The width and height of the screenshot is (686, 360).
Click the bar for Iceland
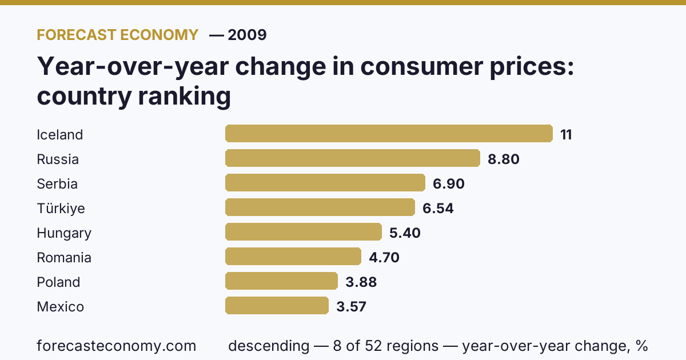coord(389,134)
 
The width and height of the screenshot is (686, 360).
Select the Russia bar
coord(353,158)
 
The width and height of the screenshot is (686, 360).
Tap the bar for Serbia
coord(325,182)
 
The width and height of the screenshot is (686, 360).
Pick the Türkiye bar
coord(320,207)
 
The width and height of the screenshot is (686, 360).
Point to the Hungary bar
coord(304,232)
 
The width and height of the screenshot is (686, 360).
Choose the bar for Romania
coord(293,256)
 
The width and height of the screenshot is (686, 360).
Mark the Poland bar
coord(281,281)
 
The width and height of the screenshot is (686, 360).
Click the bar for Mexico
coord(277,305)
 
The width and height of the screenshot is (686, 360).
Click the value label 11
coord(566,135)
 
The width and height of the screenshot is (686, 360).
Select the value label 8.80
coord(504,159)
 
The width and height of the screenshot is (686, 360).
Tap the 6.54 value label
coord(438,208)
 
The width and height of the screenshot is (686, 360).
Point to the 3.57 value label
coord(351,306)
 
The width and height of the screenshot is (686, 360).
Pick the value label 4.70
coord(384,258)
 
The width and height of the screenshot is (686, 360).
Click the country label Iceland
coord(59,135)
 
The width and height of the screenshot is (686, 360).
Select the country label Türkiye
coord(61,208)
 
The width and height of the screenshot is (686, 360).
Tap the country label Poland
coord(58,282)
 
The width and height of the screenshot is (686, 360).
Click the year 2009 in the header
coord(247,35)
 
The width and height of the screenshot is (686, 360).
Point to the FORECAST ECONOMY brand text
coord(118,35)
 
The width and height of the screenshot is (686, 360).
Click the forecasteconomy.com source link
coord(117,346)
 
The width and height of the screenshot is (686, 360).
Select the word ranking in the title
coord(184,96)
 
